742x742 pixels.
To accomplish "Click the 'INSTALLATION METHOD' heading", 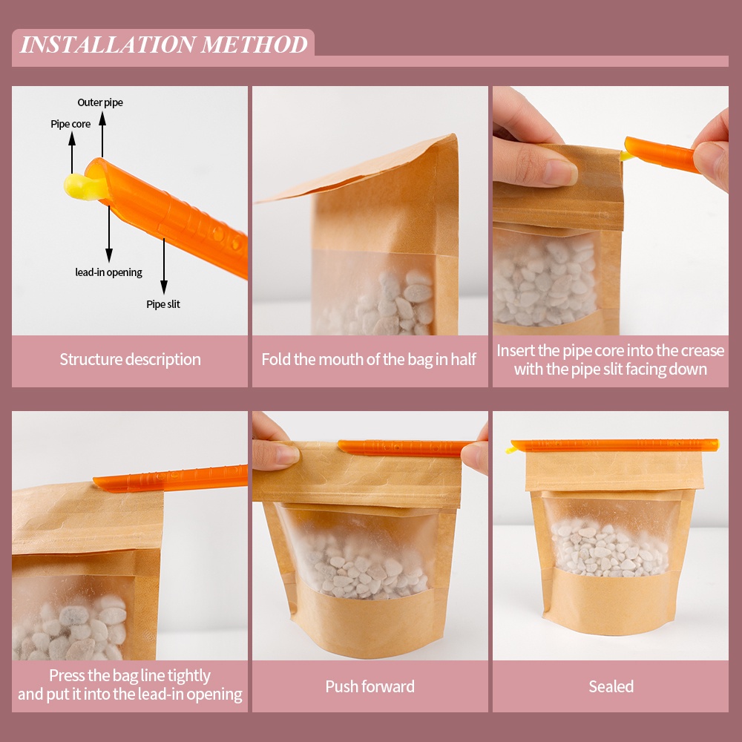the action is tap(164, 45).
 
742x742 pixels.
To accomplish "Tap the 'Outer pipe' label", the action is tap(100, 102).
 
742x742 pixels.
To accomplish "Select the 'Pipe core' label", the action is tap(70, 124).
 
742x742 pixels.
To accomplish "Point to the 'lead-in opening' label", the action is tap(109, 272).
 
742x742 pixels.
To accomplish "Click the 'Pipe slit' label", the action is tap(163, 304).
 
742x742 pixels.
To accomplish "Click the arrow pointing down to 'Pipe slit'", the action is tap(164, 266).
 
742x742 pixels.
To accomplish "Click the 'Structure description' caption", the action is tap(130, 360).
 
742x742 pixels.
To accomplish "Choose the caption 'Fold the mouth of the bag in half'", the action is tap(369, 360).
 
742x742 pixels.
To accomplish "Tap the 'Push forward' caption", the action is tap(370, 686).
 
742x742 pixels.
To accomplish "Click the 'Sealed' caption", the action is tap(611, 686).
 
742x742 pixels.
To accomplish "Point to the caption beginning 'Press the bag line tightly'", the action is tap(130, 685).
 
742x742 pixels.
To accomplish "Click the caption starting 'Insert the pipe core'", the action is tap(611, 360).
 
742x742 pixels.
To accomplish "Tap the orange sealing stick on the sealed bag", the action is tap(614, 445).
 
